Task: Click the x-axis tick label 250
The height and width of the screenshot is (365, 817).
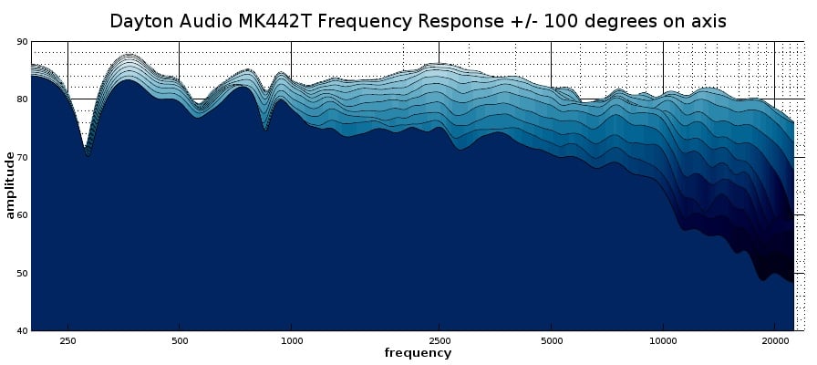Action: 67,340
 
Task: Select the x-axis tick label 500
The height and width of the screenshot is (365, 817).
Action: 180,340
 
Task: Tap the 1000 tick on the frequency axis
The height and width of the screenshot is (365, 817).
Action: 291,340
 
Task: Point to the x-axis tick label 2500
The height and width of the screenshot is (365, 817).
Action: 440,340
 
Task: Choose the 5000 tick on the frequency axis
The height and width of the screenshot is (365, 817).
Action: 551,340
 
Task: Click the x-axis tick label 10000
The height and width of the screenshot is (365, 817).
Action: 663,340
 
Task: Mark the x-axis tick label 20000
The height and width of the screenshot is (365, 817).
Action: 774,340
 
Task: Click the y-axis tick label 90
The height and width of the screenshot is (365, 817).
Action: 22,42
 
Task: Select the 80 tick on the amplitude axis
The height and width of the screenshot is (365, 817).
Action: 22,99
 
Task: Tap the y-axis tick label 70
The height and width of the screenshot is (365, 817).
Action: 22,157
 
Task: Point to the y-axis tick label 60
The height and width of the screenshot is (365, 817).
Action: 22,215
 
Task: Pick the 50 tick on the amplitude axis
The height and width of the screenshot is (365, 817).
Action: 22,273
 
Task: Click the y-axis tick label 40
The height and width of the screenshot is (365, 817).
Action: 22,330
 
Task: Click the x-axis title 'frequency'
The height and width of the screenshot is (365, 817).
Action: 418,353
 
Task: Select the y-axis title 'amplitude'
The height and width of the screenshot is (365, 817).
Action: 10,185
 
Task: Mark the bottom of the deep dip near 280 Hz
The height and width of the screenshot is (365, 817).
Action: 87,155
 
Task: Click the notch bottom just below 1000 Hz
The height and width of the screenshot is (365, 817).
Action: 265,130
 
